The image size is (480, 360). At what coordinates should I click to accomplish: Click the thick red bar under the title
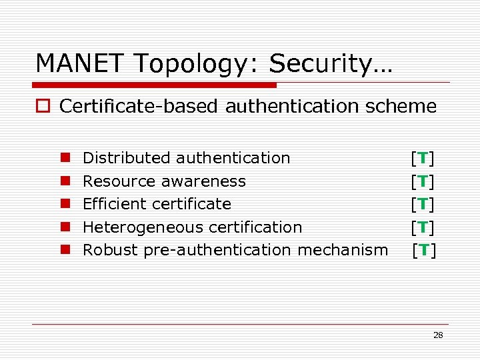click(x=155, y=85)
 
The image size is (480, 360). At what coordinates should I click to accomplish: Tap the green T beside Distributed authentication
click(x=423, y=159)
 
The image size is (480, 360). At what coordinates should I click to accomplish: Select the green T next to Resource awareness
click(x=423, y=181)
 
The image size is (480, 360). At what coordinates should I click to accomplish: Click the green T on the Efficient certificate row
click(x=423, y=204)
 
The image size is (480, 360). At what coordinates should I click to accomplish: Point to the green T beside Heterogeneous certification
click(x=423, y=227)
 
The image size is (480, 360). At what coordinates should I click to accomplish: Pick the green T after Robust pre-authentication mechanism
click(x=424, y=250)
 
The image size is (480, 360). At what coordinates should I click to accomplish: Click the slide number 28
click(x=438, y=335)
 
